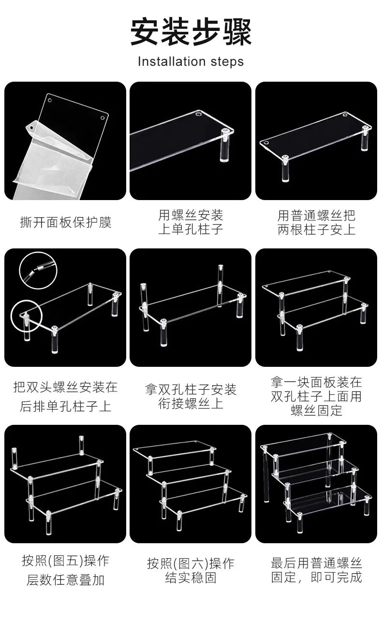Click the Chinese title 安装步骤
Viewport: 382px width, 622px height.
(191, 32)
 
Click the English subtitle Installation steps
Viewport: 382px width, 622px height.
(191, 62)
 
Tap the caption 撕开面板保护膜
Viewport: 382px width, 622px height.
(66, 222)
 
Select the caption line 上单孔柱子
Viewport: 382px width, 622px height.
(191, 229)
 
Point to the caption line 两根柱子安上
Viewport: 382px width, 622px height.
(316, 230)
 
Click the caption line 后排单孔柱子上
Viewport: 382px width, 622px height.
(66, 406)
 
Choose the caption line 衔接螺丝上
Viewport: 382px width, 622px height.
(191, 404)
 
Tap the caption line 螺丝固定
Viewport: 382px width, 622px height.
(316, 410)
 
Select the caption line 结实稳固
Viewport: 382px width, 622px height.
(191, 577)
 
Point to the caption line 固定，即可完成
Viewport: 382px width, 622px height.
(316, 577)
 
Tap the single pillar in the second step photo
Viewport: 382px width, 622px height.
(226, 145)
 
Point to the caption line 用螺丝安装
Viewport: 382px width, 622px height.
(191, 215)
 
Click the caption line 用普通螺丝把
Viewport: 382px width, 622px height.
(316, 216)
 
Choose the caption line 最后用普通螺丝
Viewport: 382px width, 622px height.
(316, 563)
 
